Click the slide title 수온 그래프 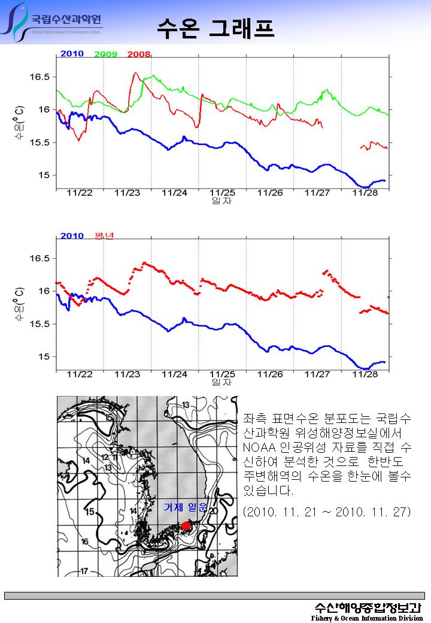215,27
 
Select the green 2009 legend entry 105,55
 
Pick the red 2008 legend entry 138,55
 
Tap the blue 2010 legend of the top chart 72,54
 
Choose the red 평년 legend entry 104,236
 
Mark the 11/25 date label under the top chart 222,193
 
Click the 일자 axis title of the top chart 221,201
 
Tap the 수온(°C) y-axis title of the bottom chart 19,307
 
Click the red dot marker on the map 186,526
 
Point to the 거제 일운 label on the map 185,508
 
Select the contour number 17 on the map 84,571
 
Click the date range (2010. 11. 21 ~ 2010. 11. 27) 327,512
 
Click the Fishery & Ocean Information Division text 367,618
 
